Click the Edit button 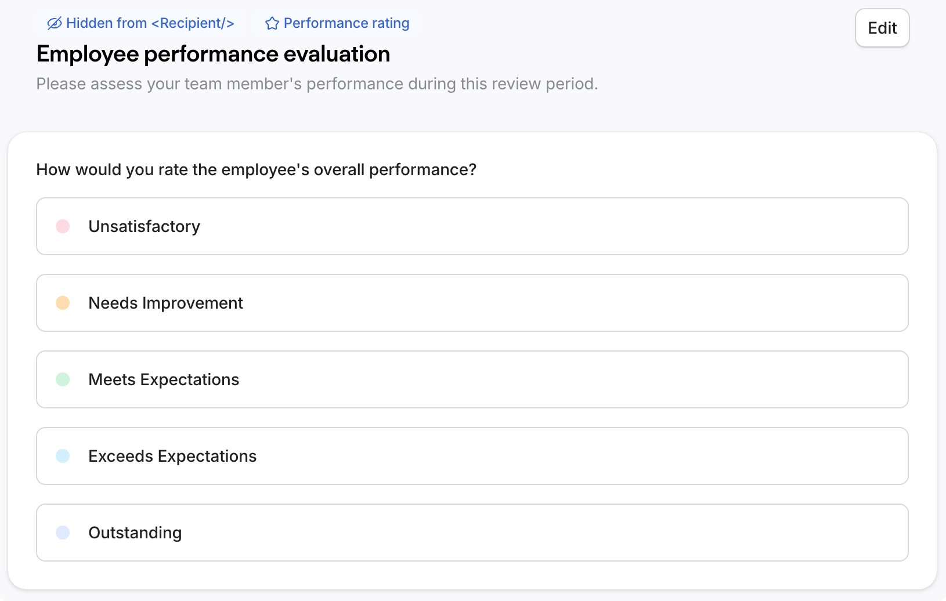(882, 28)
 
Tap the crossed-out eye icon (54, 23)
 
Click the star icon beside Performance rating (272, 23)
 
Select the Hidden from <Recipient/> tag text (150, 23)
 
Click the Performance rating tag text (346, 23)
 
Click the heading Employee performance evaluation (213, 54)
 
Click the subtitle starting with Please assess (316, 84)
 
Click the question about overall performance (256, 169)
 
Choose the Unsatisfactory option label (144, 226)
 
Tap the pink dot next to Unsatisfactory (63, 226)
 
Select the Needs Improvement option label (165, 303)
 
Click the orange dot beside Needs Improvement (63, 303)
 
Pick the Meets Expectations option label (164, 379)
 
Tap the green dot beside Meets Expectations (63, 379)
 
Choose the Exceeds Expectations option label (172, 456)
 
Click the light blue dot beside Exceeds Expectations (63, 456)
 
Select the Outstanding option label (135, 533)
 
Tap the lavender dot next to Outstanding (63, 533)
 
